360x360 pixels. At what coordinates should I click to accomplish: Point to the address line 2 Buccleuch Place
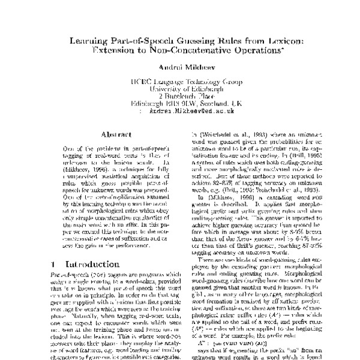(x=179, y=103)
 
